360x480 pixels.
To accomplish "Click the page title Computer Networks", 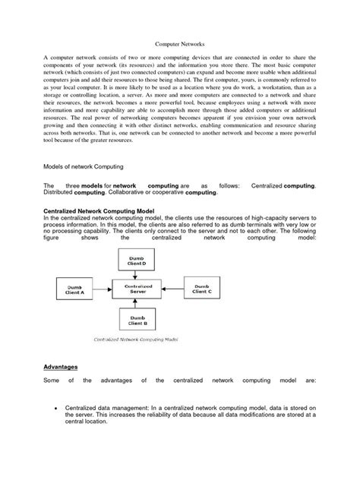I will (x=180, y=45).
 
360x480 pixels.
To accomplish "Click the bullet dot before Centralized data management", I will (x=58, y=409).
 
